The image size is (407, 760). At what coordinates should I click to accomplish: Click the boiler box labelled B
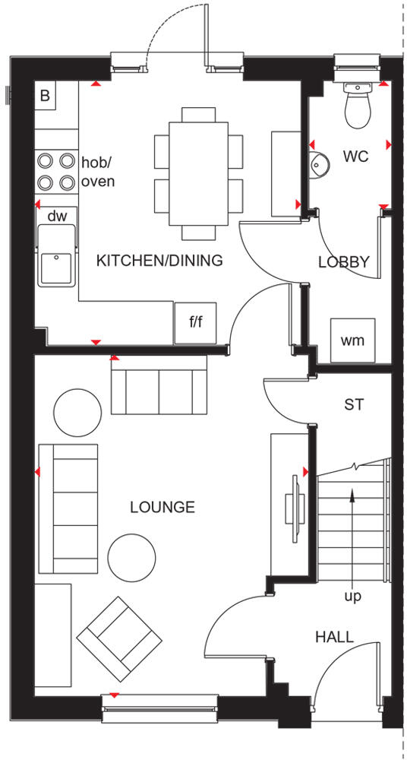pos(45,97)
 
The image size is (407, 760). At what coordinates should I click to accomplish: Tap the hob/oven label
pos(97,172)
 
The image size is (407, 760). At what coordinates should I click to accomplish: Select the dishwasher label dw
pos(57,216)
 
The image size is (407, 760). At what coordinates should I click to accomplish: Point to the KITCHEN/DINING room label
pos(159,261)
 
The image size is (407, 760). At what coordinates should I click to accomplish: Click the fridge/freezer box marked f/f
pos(196,322)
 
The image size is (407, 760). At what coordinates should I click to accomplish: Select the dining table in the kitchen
pos(198,173)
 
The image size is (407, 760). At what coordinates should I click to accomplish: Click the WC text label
pos(355,157)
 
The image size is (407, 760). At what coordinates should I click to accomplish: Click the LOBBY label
pos(343,262)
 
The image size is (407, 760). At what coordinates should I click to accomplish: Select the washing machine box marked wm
pos(352,340)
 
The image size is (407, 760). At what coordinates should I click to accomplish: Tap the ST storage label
pos(354,404)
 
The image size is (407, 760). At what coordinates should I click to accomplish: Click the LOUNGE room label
pos(162,507)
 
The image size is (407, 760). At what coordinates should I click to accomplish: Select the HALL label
pos(334,637)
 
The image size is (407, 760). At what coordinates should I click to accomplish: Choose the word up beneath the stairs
pos(352,597)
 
